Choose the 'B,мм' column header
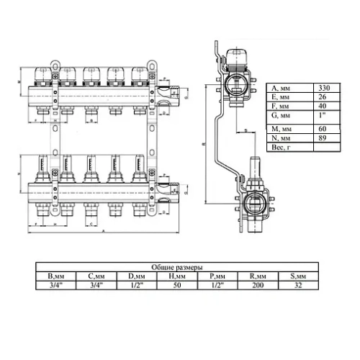55,276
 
